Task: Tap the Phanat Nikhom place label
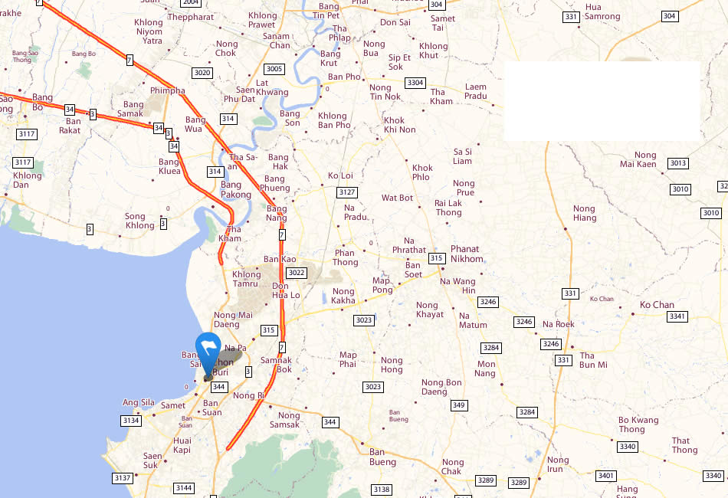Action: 465,254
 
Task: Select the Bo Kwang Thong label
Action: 638,424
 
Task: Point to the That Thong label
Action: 684,445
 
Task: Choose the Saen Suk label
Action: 152,460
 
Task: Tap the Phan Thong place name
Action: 345,257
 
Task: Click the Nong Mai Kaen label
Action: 638,159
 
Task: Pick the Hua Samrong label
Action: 602,11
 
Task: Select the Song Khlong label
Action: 139,221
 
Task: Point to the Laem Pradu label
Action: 475,91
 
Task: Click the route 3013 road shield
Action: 678,163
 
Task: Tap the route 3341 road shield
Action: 677,316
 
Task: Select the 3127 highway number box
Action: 347,192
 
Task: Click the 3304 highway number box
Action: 415,83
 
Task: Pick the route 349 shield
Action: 458,405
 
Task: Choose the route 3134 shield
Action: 131,420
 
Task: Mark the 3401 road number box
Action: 605,476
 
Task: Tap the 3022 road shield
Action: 296,273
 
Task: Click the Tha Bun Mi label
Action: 593,360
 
